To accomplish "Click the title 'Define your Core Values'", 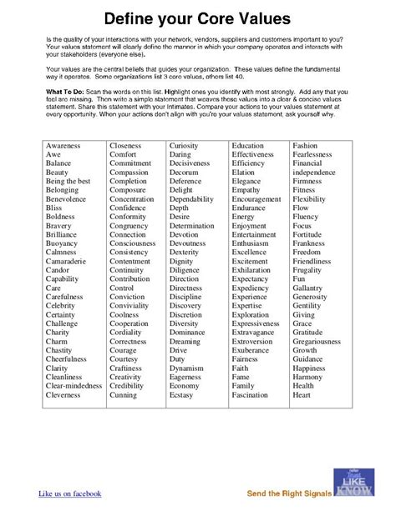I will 198,18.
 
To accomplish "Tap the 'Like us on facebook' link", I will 70,493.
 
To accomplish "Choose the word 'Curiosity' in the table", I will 185,146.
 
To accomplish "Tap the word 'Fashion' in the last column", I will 305,146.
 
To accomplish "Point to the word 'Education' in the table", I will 247,146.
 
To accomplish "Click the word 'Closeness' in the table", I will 125,146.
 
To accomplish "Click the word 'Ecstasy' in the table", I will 183,396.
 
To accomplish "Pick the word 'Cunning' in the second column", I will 124,396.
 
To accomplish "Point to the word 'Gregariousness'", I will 317,341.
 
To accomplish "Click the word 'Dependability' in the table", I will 192,200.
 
